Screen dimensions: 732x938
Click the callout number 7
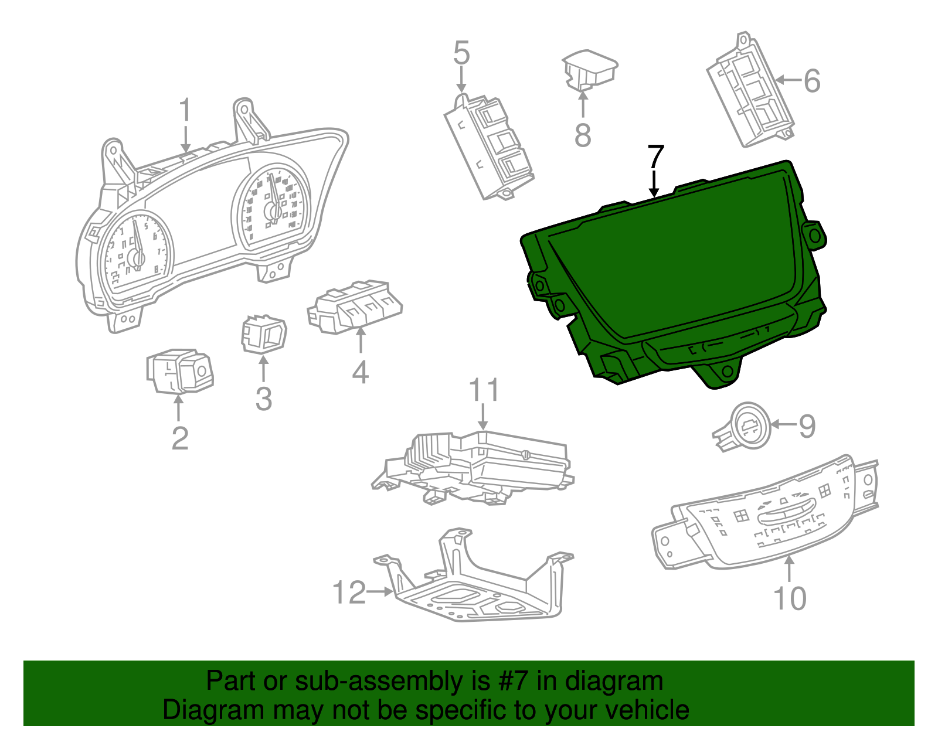click(x=655, y=156)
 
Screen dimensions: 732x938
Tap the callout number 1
click(x=185, y=110)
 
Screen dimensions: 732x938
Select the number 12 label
click(x=349, y=593)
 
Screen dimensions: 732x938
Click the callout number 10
click(x=790, y=598)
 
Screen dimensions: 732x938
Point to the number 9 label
click(x=807, y=425)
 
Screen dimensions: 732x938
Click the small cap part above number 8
click(x=589, y=69)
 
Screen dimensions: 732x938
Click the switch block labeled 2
click(x=179, y=371)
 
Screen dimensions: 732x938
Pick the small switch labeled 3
click(x=264, y=335)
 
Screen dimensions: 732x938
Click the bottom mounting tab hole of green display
click(x=727, y=372)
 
